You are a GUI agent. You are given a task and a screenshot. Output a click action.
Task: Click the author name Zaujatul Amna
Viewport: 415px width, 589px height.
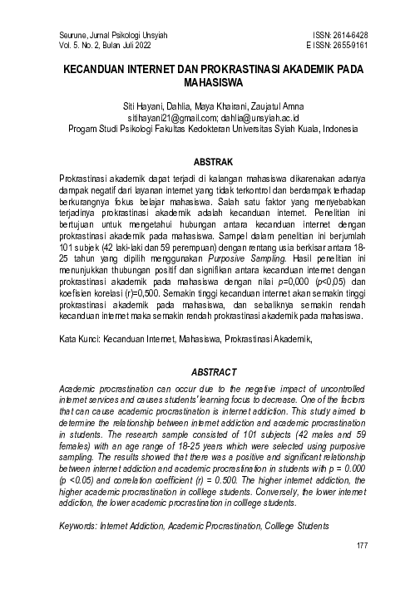254,108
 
